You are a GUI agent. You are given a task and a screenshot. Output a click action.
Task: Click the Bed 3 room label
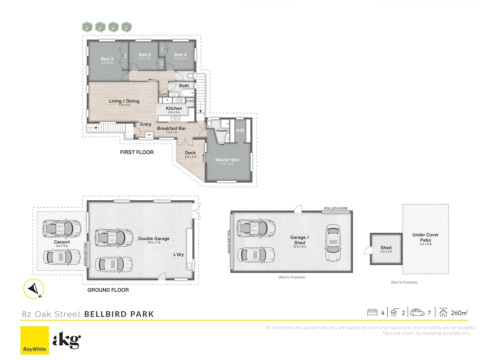[x=107, y=59]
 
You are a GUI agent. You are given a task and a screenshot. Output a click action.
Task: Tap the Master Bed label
[x=227, y=160]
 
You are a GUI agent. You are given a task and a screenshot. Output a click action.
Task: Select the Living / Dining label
[x=124, y=101]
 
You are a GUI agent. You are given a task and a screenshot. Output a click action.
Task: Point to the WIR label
[x=240, y=130]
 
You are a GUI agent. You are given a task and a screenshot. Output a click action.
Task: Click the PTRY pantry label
[x=190, y=101]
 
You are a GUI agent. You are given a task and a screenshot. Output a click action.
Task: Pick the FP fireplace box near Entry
[x=149, y=135]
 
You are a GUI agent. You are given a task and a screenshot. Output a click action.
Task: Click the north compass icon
[x=34, y=288]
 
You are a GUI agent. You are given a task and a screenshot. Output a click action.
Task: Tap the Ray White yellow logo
[x=35, y=340]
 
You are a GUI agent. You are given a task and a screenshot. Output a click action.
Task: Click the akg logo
[x=67, y=340]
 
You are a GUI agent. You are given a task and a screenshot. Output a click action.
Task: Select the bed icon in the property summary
[x=372, y=312]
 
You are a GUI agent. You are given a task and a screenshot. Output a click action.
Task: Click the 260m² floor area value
[x=459, y=313]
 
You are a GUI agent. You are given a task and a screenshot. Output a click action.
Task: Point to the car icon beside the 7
[x=417, y=313]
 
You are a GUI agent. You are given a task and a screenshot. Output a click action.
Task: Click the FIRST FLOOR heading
[x=137, y=152]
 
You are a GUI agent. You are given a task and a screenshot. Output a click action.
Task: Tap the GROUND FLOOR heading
[x=108, y=290]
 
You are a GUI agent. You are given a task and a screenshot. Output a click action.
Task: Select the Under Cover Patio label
[x=425, y=237]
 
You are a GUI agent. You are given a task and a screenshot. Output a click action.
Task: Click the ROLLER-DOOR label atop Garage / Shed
[x=336, y=208]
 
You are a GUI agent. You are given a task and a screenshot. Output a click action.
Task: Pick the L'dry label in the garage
[x=179, y=254]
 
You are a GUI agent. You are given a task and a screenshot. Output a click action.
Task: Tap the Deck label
[x=190, y=153]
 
